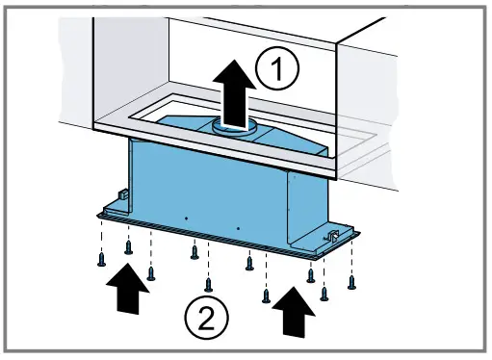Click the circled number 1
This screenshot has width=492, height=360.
click(279, 70)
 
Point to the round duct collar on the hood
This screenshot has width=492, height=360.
click(230, 125)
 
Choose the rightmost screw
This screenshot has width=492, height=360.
click(352, 282)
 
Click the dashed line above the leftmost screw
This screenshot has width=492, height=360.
click(98, 235)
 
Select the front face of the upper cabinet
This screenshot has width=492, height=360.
click(212, 58)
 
